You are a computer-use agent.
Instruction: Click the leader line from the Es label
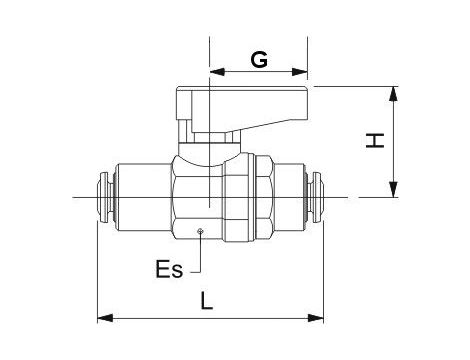tap(200, 255)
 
